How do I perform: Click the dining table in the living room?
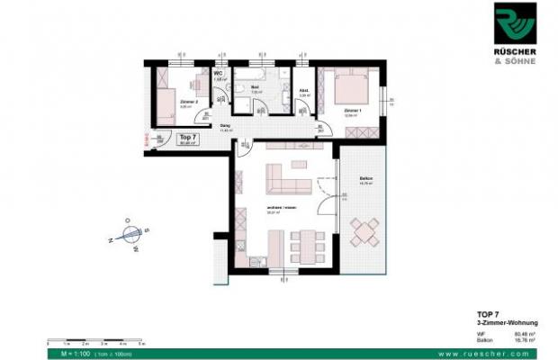(306, 243)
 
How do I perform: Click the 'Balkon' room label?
(365, 178)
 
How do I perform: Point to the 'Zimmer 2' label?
(189, 103)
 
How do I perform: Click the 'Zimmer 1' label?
(353, 110)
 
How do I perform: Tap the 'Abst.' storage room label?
(303, 90)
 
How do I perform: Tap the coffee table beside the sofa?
(321, 186)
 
